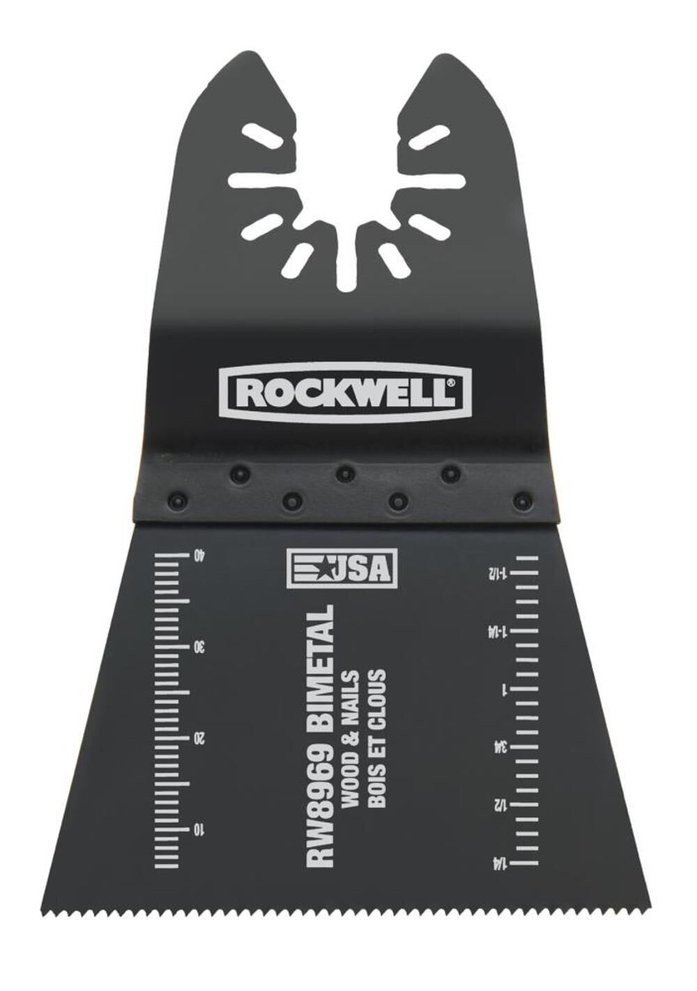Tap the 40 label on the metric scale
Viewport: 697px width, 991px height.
(x=200, y=555)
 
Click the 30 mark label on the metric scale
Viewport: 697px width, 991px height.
(x=200, y=647)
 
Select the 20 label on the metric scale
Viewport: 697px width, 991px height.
(x=200, y=739)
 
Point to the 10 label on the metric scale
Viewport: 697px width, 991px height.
(x=200, y=830)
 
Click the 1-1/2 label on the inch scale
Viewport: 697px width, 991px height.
(x=498, y=574)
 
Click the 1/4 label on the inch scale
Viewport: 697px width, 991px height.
(x=498, y=864)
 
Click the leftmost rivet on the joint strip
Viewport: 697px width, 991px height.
(x=174, y=500)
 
